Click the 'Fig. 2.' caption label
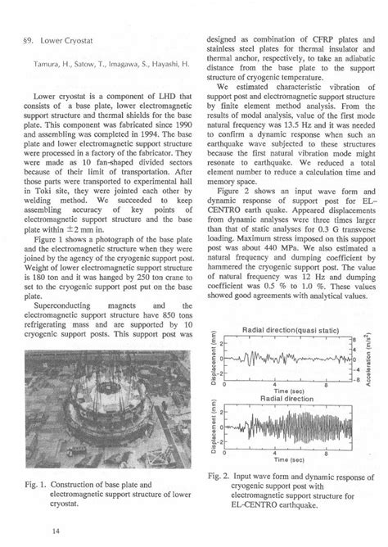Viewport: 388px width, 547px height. click(222, 475)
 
